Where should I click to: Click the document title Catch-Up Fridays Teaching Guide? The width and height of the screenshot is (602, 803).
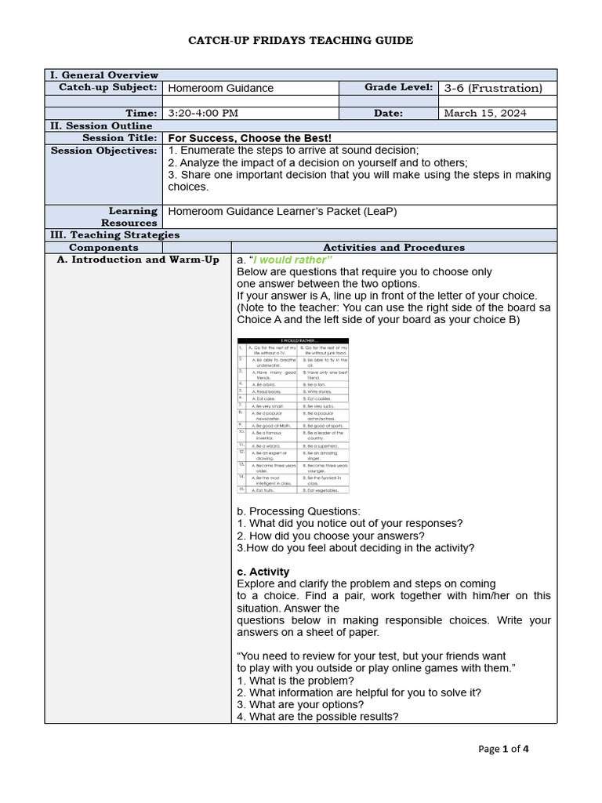[300, 40]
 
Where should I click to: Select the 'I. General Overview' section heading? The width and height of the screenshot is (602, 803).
[103, 75]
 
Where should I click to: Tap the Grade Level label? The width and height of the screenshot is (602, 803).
[398, 88]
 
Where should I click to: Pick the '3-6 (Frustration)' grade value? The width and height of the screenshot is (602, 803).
[492, 89]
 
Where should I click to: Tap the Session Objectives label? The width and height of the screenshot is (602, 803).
[104, 151]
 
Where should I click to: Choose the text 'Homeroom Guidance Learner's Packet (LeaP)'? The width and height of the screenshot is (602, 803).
[288, 211]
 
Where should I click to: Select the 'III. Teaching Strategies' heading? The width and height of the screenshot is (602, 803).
[114, 234]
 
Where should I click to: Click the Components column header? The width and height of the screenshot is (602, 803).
[103, 247]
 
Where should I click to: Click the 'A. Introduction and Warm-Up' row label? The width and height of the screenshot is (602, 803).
[138, 260]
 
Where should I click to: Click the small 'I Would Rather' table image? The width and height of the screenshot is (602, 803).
[293, 416]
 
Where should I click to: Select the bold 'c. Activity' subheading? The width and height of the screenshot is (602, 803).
[263, 572]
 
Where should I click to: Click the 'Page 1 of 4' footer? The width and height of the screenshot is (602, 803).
[503, 749]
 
